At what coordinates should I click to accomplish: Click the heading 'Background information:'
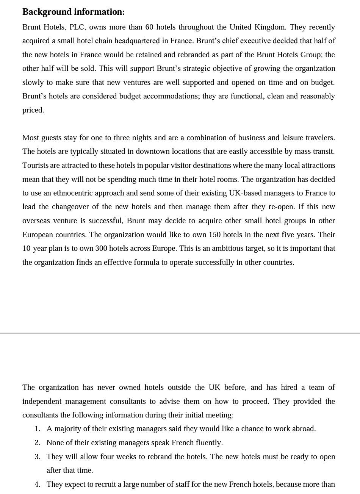click(x=74, y=12)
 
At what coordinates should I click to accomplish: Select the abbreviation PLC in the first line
click(x=77, y=27)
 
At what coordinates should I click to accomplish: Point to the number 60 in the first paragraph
click(x=149, y=27)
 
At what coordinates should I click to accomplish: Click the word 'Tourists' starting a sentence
click(x=35, y=166)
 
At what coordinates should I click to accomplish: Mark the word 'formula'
click(x=144, y=263)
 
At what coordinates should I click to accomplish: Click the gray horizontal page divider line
click(x=180, y=333)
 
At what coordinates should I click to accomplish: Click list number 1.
click(x=37, y=429)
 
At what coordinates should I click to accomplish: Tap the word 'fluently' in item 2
click(x=208, y=443)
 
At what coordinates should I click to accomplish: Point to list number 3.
click(x=37, y=457)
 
